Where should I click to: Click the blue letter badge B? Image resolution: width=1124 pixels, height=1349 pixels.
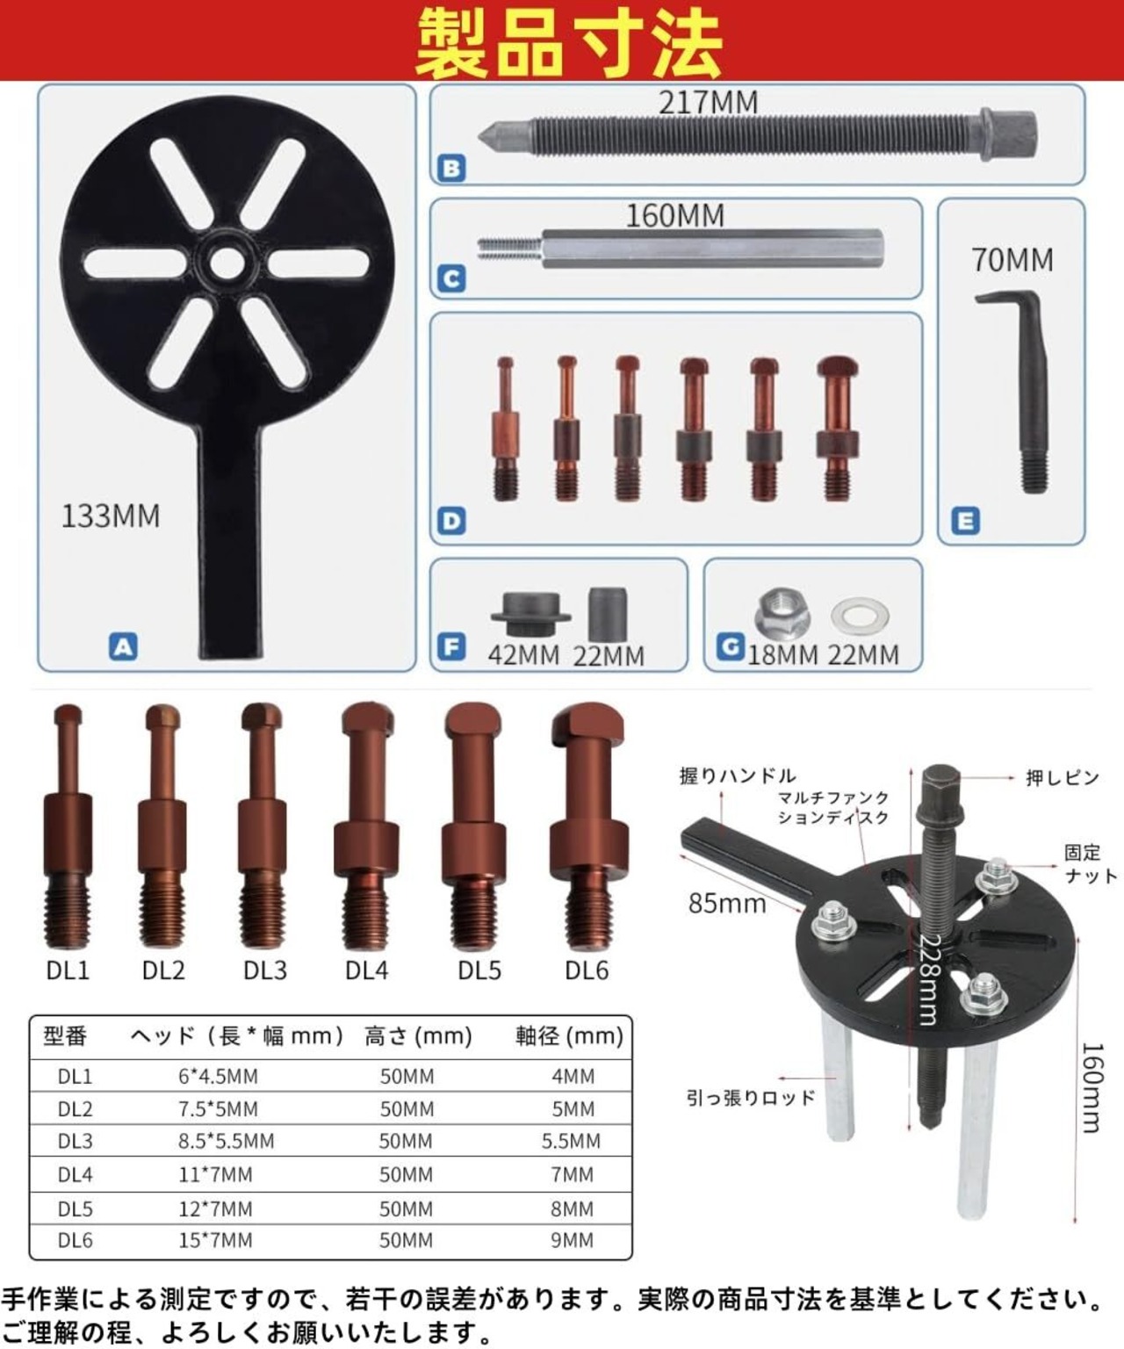pos(450,169)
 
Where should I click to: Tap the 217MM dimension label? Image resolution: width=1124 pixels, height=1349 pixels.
pos(708,103)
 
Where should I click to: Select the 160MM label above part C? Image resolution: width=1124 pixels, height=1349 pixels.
pos(675,216)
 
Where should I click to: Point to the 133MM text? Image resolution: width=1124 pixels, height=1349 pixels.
pos(111,516)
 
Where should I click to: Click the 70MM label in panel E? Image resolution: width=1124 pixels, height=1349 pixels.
pos(1012,260)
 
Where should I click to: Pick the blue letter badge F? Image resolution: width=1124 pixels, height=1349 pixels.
pos(450,646)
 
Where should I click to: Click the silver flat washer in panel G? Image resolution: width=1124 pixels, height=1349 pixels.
pos(860,615)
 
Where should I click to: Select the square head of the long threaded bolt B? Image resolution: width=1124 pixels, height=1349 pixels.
pos(1010,133)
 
